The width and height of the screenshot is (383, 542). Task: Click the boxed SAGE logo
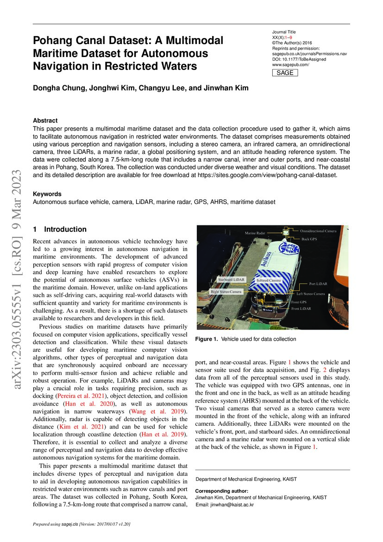284,73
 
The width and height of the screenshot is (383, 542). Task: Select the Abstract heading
45,120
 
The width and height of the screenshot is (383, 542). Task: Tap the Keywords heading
47,194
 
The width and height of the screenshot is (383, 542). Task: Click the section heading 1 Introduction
60,229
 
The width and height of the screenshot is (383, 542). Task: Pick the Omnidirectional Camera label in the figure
318,230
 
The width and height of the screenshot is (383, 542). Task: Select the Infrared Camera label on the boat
269,281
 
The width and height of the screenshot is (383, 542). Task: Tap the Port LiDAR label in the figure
318,283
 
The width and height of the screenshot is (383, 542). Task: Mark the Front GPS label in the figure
301,302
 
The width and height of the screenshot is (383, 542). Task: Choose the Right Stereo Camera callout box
227,292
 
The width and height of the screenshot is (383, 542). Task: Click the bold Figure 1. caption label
207,339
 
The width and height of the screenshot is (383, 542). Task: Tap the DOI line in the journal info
299,59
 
